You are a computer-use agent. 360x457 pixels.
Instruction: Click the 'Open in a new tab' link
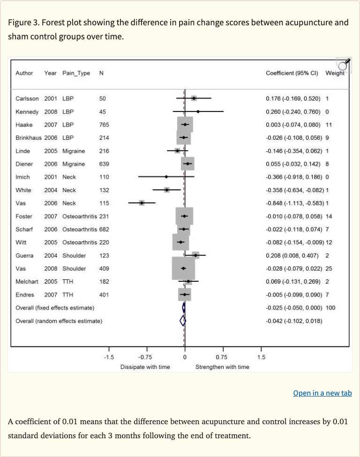tap(322, 393)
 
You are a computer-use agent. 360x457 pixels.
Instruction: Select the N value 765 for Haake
tap(104, 125)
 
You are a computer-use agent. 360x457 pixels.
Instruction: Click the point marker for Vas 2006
tap(142, 203)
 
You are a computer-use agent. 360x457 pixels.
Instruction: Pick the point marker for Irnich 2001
tap(166, 177)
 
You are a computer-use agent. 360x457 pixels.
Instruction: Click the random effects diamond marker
tap(183, 321)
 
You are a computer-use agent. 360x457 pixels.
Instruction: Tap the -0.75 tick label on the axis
tap(146, 357)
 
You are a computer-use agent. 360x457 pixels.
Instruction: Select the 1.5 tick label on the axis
tap(261, 357)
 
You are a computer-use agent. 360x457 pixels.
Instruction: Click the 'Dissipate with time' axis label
tap(145, 367)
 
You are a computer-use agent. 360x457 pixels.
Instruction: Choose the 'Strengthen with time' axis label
tap(222, 367)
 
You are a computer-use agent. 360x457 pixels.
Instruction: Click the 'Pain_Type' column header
tap(76, 73)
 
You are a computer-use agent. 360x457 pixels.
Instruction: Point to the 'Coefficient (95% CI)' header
tap(292, 73)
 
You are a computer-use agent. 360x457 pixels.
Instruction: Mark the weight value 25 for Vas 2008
tap(328, 269)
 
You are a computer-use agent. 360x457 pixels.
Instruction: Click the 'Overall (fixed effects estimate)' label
tap(55, 307)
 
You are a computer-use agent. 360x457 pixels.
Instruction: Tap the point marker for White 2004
tap(166, 190)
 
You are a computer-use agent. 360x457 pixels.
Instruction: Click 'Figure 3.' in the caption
tap(23, 23)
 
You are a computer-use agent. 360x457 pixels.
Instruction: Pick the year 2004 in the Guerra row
tap(51, 255)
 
